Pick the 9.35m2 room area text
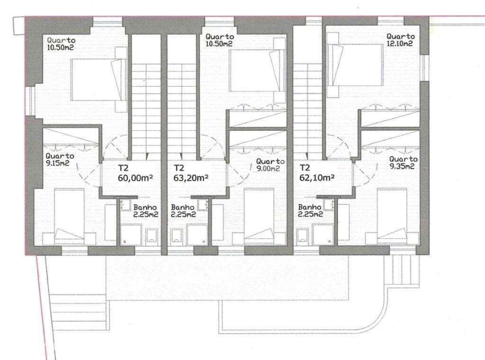pyautogui.click(x=404, y=166)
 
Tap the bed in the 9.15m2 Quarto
pyautogui.click(x=69, y=216)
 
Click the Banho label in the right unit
pyautogui.click(x=311, y=207)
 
